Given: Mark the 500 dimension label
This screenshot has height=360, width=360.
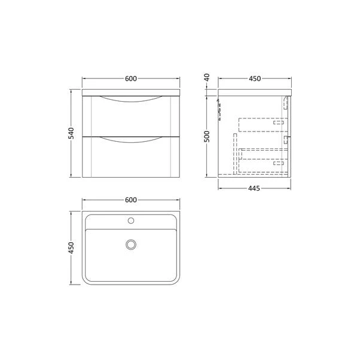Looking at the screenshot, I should click(207, 135).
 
